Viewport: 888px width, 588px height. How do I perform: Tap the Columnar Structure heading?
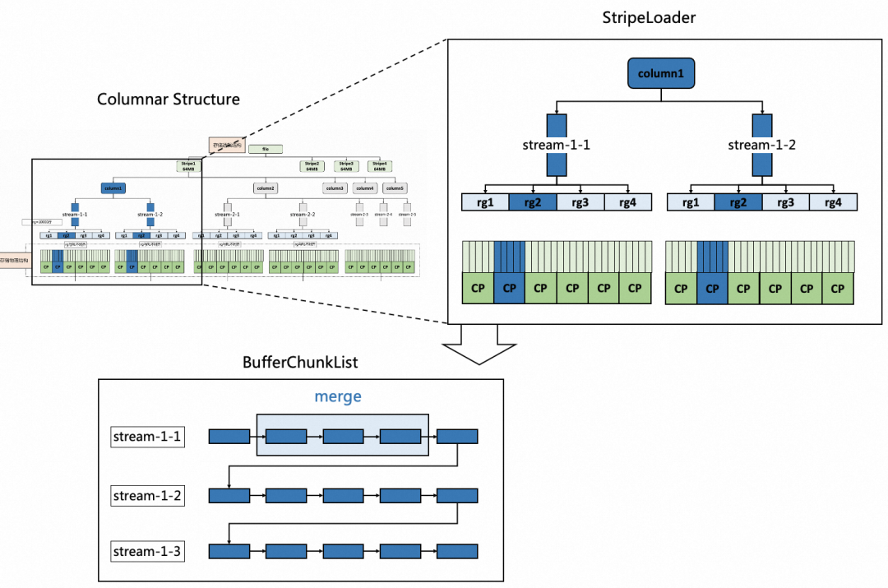169,100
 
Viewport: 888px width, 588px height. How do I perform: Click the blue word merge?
338,396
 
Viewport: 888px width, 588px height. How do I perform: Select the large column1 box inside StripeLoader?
661,73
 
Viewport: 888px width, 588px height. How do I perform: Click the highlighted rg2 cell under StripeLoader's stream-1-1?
533,202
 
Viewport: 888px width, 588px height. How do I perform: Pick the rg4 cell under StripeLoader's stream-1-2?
833,202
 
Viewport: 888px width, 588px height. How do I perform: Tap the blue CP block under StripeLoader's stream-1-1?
509,288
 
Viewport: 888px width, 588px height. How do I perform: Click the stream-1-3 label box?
147,551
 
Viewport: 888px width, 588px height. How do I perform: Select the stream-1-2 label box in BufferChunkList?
147,495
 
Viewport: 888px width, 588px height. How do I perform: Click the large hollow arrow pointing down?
477,345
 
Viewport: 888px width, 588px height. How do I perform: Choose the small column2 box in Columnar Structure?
265,188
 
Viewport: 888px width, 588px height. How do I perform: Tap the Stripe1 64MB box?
189,165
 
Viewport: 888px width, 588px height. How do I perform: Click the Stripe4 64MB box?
379,165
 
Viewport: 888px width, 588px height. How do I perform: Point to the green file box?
266,149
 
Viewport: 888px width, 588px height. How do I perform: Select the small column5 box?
395,188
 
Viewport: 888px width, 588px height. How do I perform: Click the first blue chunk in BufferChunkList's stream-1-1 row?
229,437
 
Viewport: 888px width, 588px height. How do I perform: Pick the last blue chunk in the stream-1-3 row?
457,551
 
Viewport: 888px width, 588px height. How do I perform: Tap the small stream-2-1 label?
227,214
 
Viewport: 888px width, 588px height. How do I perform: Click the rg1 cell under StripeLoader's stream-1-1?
485,202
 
